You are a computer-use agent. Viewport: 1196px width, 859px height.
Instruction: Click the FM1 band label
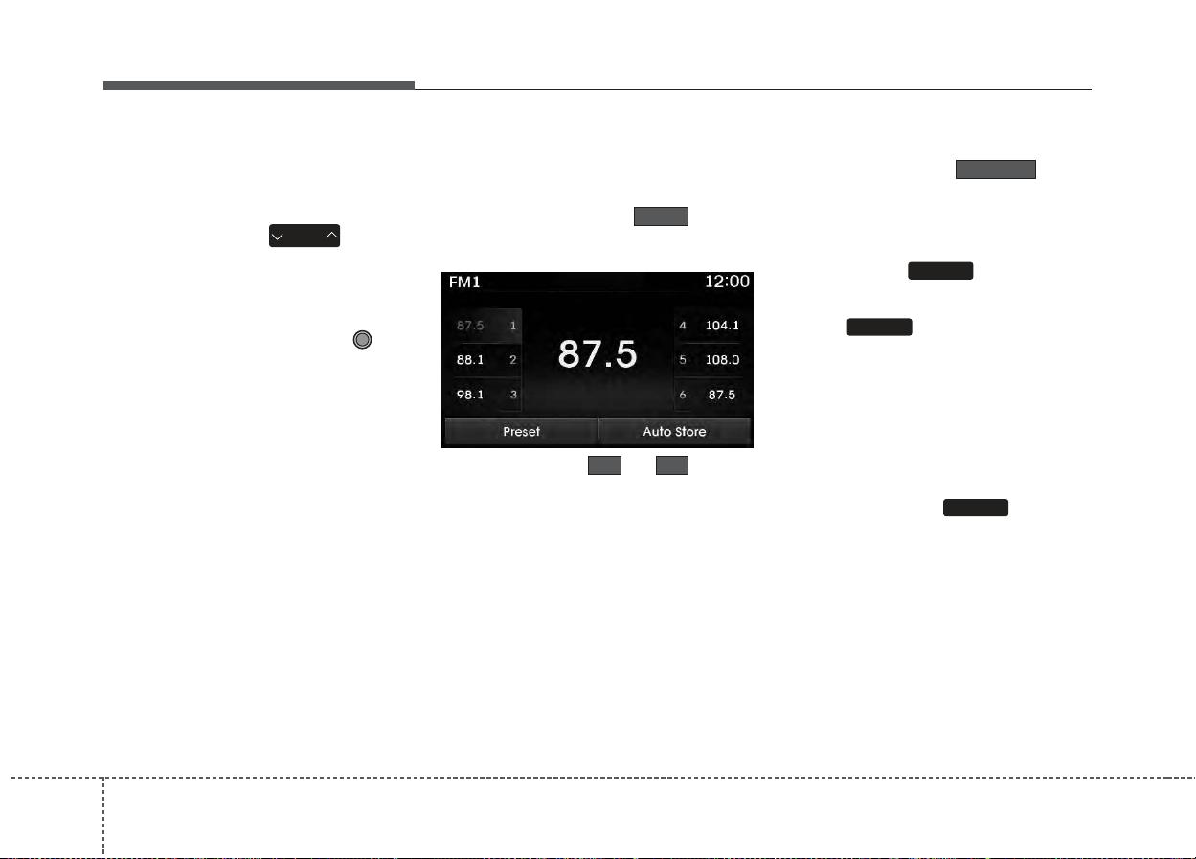tap(464, 282)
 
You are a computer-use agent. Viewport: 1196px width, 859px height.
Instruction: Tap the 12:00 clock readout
tap(727, 282)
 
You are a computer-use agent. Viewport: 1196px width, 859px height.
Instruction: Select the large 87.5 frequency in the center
tap(597, 354)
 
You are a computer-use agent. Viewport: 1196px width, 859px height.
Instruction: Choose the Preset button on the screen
tap(521, 431)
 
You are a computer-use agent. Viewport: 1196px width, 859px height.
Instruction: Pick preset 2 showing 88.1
tap(486, 360)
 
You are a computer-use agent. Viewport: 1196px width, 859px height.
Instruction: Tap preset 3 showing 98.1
tap(486, 395)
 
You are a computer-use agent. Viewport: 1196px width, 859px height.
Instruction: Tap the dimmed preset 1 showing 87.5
tap(486, 326)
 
